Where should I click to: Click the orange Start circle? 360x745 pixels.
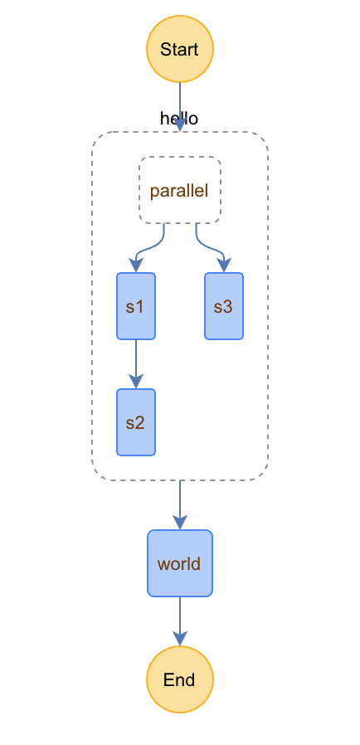179,49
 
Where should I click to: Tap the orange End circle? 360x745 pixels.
179,679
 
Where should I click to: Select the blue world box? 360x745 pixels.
179,563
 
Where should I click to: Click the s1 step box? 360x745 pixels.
136,306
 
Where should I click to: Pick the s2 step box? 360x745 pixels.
136,422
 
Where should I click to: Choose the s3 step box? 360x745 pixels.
224,306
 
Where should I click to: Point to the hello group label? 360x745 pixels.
179,119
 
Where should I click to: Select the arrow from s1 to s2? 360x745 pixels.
136,364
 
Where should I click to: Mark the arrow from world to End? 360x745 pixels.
179,621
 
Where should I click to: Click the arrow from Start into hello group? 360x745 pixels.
179,107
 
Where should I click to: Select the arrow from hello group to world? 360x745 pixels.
179,504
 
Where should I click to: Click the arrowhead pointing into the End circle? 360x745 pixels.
179,639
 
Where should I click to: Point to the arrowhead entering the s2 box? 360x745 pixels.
136,382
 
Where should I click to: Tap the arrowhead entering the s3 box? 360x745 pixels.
225,265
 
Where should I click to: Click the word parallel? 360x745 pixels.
179,191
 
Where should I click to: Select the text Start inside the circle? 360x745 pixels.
179,49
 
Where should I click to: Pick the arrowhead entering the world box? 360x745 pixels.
179,523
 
